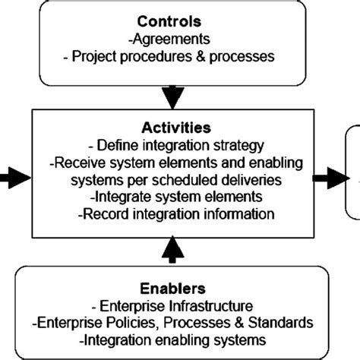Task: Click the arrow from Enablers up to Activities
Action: pyautogui.click(x=174, y=247)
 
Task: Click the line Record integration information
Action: pyautogui.click(x=175, y=214)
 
